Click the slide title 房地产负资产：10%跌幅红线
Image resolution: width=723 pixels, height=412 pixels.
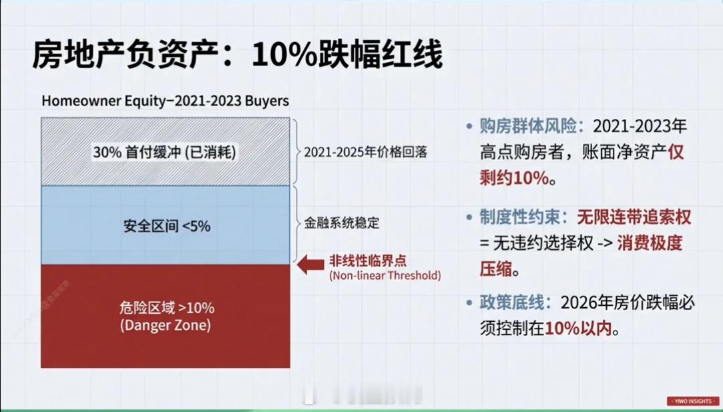pos(237,55)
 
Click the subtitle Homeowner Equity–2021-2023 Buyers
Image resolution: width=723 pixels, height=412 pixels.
pos(165,101)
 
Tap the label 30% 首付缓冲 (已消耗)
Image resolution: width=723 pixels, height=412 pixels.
pos(165,152)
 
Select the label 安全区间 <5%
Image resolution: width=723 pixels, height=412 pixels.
pos(166,226)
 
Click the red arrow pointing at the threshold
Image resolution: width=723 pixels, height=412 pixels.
pos(310,265)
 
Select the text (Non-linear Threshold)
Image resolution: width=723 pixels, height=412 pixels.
pos(385,275)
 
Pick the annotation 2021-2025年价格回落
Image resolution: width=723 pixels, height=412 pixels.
pos(365,152)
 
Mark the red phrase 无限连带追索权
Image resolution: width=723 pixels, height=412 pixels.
pos(635,218)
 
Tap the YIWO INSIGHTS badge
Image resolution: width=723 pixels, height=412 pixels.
pos(692,401)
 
